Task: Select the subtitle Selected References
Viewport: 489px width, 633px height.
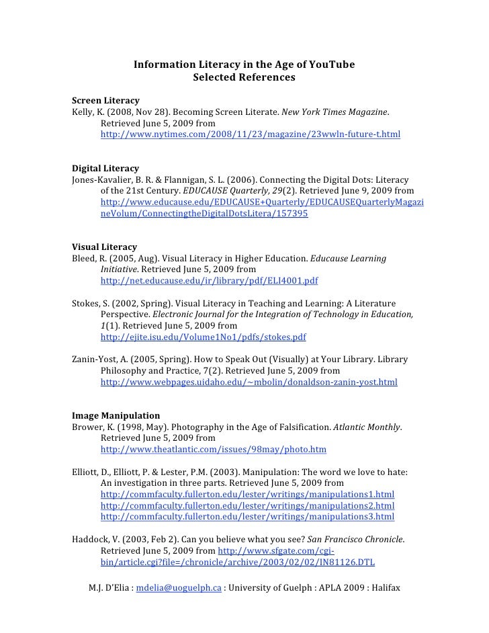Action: pos(244,77)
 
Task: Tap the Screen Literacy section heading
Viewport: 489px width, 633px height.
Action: pos(105,101)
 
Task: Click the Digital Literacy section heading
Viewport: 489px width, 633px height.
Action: pos(105,168)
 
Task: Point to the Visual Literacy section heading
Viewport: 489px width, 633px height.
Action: pos(104,247)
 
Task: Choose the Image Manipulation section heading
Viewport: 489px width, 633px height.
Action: pos(116,415)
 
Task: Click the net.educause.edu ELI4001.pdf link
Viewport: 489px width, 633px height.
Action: pos(210,281)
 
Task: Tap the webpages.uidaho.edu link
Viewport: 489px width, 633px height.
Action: pos(249,382)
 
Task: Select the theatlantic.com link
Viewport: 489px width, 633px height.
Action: pos(213,450)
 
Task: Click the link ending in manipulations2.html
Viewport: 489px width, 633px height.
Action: pos(247,505)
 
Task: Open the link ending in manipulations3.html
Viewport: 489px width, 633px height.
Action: pos(247,517)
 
